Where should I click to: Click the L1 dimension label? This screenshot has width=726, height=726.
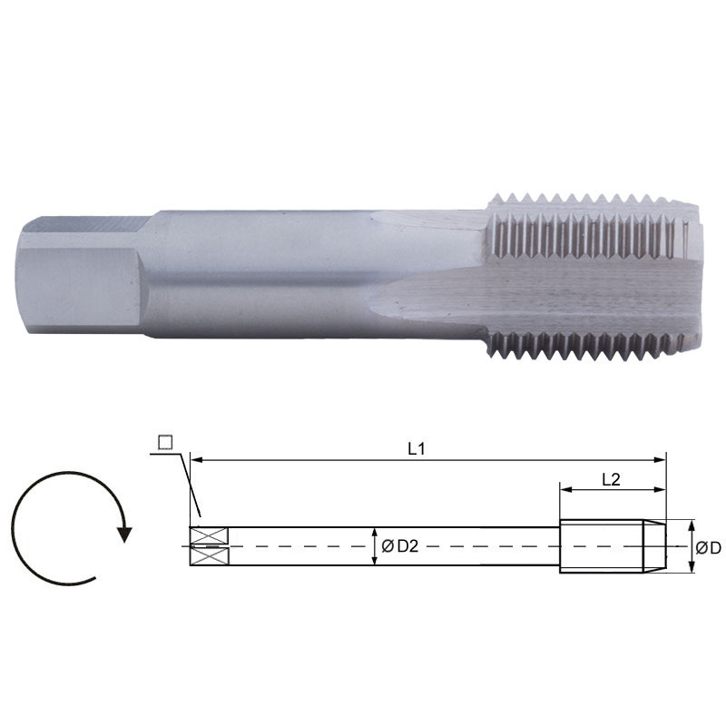pyautogui.click(x=417, y=447)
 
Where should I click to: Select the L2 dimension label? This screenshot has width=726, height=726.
pyautogui.click(x=611, y=480)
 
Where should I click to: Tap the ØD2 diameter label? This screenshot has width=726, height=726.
pyautogui.click(x=399, y=546)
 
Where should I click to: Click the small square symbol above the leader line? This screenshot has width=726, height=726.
pyautogui.click(x=164, y=442)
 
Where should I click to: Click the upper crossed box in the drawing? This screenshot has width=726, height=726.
pyautogui.click(x=199, y=535)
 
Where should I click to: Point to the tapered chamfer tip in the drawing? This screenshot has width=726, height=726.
pyautogui.click(x=654, y=546)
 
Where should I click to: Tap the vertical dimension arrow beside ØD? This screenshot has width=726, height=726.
pyautogui.click(x=692, y=546)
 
